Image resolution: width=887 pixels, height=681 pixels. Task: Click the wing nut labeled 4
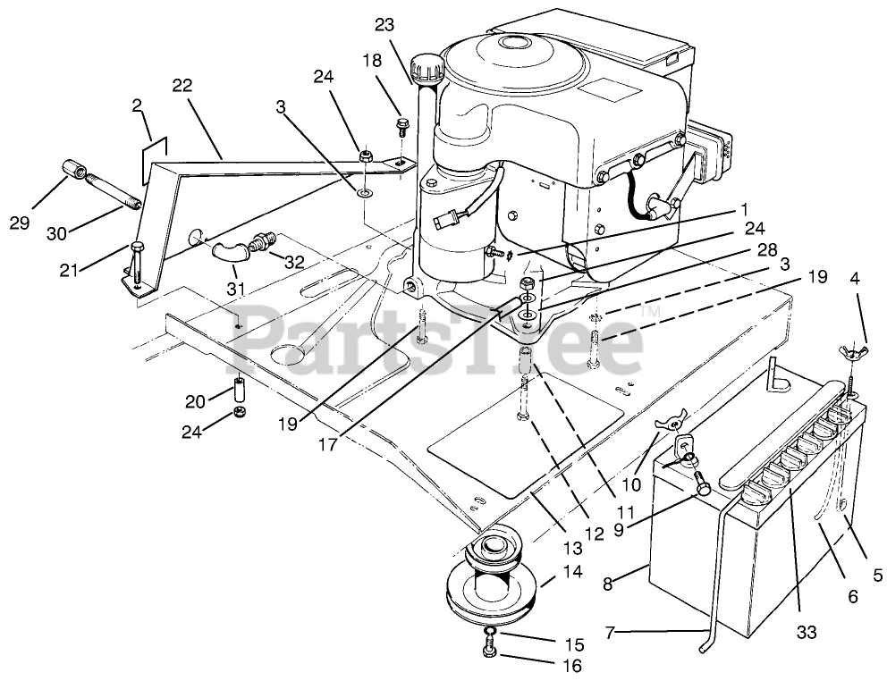[x=848, y=348]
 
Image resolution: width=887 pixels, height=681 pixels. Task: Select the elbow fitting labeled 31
[x=226, y=250]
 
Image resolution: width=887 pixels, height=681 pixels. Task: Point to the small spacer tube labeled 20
[x=239, y=391]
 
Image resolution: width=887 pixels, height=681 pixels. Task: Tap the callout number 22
[x=182, y=86]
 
